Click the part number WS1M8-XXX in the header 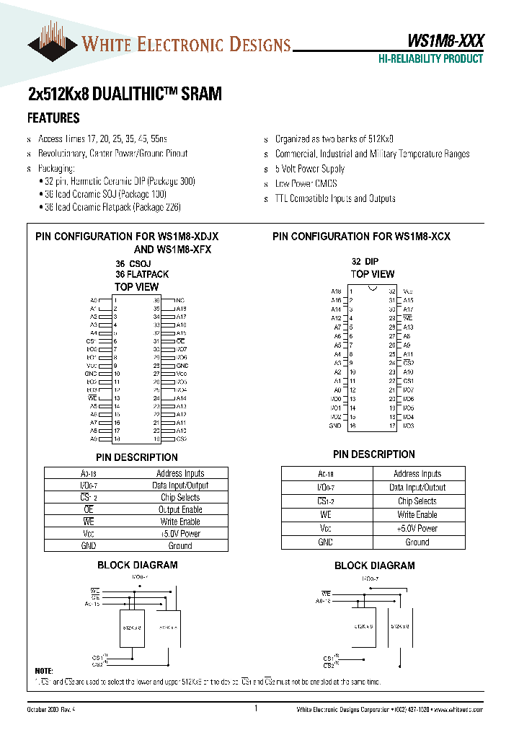440,42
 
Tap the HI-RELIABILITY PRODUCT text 430,59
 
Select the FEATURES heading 53,118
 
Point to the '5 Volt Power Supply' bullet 310,169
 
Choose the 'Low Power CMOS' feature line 306,184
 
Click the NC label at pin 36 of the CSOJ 180,300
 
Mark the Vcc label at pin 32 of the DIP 408,291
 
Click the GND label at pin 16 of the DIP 335,426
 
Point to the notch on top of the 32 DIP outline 372,289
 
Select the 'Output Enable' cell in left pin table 180,510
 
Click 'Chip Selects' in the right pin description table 417,501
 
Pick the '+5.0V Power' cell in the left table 180,534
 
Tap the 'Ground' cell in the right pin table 417,542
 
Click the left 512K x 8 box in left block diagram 131,628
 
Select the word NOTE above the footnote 44,671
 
